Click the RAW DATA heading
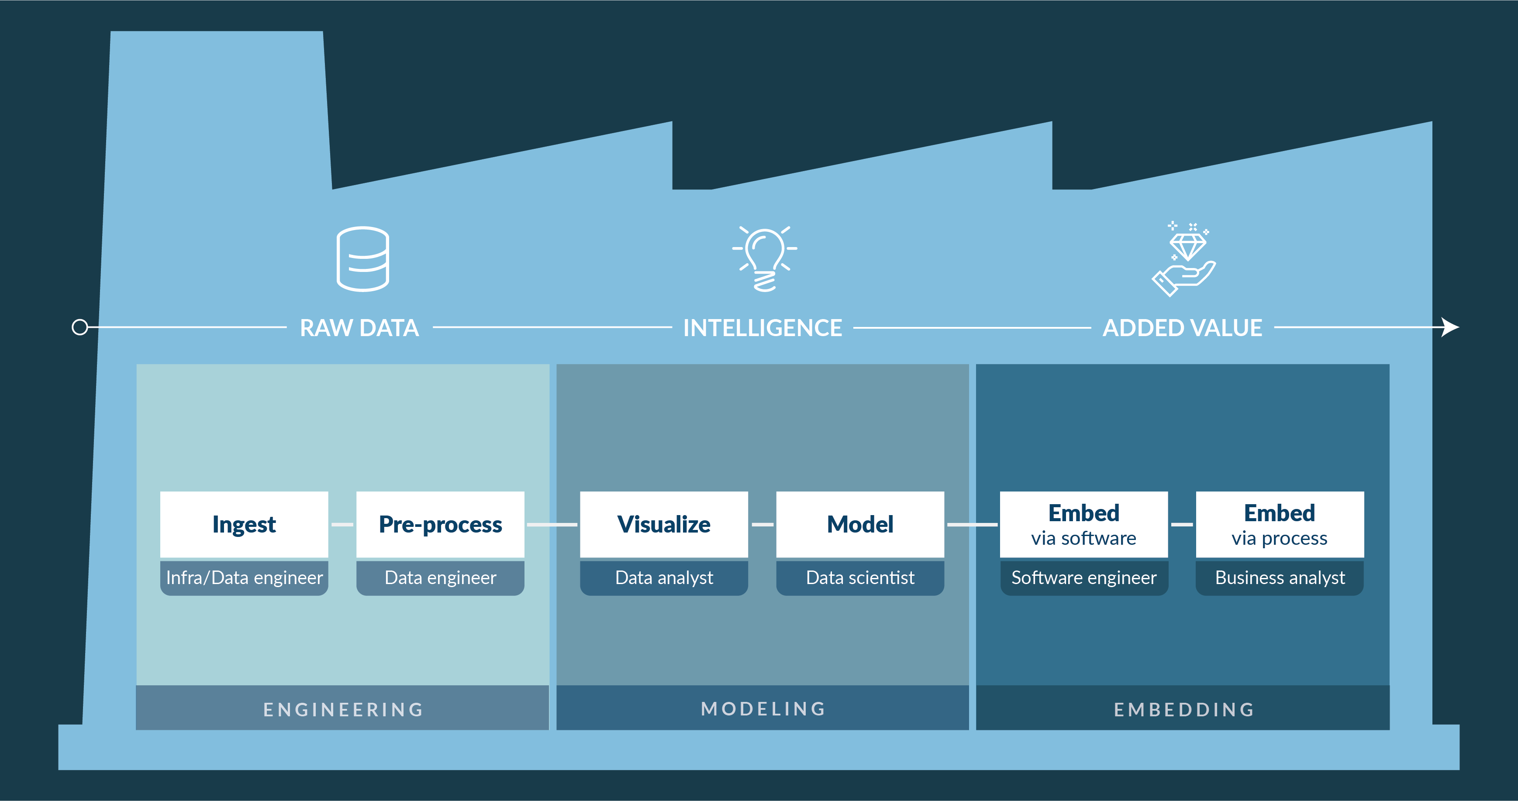click(x=359, y=328)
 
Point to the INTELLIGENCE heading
click(x=762, y=328)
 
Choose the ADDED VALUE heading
click(x=1182, y=328)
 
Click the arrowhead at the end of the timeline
click(x=1451, y=327)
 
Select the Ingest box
click(x=244, y=524)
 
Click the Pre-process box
click(x=440, y=524)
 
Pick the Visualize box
click(x=664, y=524)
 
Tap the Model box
click(x=860, y=524)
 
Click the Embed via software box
click(x=1084, y=524)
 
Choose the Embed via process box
click(x=1280, y=524)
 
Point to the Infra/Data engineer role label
click(x=244, y=578)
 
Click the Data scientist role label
click(x=860, y=578)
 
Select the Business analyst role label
click(x=1280, y=578)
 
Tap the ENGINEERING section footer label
click(x=343, y=710)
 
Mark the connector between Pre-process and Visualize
click(x=552, y=524)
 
